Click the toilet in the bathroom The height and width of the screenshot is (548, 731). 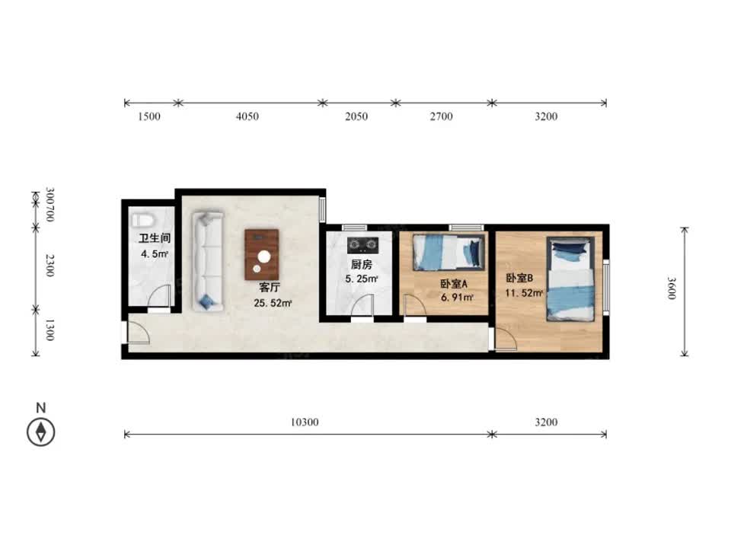point(142,219)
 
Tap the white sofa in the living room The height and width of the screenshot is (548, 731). point(208,261)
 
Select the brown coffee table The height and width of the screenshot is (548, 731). point(262,254)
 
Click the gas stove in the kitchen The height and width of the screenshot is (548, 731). point(362,244)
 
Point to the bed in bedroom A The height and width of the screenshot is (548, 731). point(448,252)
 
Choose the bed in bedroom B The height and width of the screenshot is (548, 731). point(570,279)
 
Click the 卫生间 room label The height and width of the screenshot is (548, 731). point(155,238)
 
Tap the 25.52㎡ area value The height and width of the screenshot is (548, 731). point(273,303)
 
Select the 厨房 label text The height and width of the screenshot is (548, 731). point(361,265)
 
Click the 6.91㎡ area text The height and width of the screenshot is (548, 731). point(457,297)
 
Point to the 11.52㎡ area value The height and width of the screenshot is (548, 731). point(524,293)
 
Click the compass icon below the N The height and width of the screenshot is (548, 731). point(41,432)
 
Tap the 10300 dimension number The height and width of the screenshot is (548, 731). point(305,422)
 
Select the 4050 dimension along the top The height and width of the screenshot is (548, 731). point(247,116)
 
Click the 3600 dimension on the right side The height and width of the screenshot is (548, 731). point(672,288)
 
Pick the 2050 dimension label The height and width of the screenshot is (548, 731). point(356,116)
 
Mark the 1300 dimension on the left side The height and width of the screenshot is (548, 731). point(50,330)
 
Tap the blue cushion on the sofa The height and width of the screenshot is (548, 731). point(206,302)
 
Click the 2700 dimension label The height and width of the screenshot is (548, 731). point(441,116)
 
